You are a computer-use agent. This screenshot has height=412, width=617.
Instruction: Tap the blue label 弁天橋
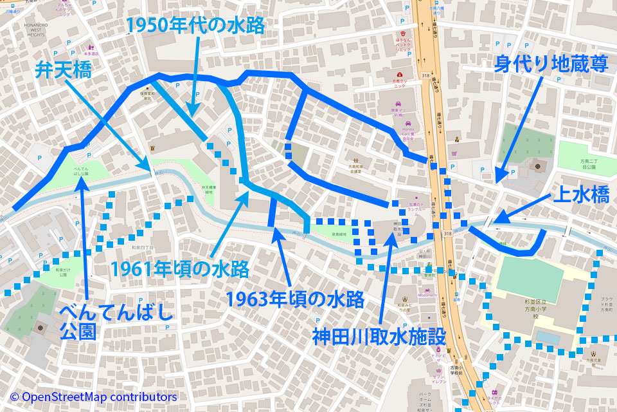[62, 70]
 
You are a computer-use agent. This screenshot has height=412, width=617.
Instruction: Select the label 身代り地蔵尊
[548, 64]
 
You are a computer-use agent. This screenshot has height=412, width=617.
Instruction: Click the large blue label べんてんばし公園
[116, 323]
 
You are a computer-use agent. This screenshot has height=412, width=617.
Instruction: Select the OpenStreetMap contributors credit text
[93, 397]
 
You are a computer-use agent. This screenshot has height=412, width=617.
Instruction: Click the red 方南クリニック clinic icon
[399, 75]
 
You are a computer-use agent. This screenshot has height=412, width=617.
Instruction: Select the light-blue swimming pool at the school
[547, 337]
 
